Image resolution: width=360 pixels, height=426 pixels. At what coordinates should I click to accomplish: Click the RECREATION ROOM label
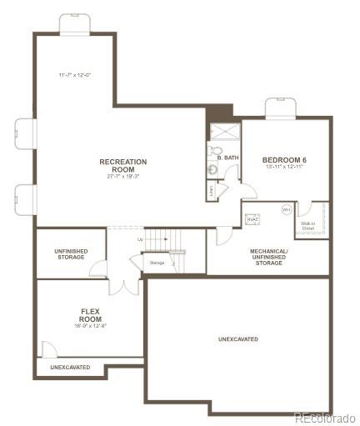[x=122, y=165]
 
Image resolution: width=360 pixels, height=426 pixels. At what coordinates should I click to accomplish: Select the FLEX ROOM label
[x=90, y=315]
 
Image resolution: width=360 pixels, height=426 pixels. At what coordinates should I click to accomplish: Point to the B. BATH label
[x=227, y=158]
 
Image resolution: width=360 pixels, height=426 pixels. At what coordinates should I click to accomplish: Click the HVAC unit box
[x=252, y=218]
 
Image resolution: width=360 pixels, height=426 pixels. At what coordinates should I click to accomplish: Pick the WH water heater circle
[x=286, y=209]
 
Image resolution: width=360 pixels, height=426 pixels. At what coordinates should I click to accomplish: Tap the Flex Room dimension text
[x=90, y=327]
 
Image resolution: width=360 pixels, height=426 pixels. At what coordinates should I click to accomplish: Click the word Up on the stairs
[x=140, y=239]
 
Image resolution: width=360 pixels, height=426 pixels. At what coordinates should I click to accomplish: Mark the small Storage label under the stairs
[x=157, y=263]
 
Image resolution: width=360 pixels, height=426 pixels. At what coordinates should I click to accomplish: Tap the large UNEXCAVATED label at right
[x=238, y=339]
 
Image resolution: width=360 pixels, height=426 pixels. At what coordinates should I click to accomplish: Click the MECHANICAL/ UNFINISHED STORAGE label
[x=269, y=257]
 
